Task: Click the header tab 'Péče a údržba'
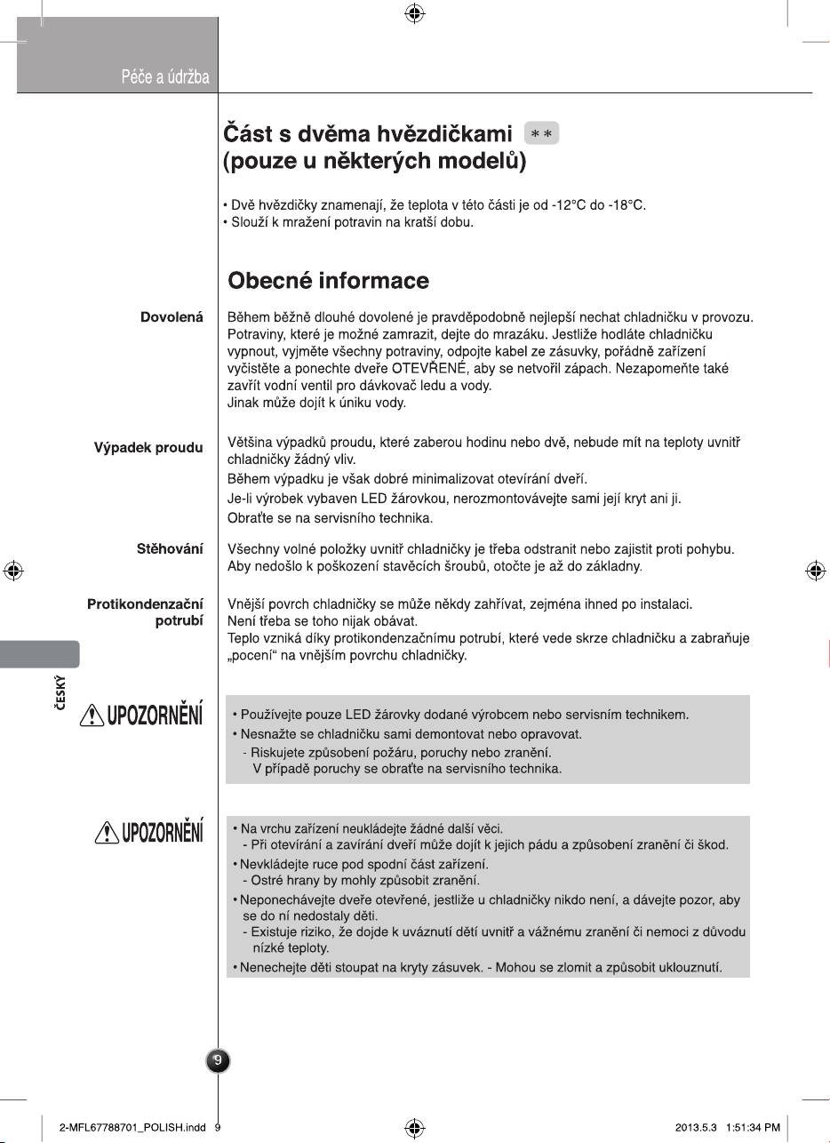click(165, 77)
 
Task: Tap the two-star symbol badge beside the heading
click(541, 134)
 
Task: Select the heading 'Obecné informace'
click(328, 281)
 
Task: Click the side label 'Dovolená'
click(172, 316)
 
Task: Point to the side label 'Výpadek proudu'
click(148, 447)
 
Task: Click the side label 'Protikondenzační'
click(145, 604)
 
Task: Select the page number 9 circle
click(218, 1060)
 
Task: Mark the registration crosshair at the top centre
click(414, 13)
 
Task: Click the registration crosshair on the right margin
click(815, 571)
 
